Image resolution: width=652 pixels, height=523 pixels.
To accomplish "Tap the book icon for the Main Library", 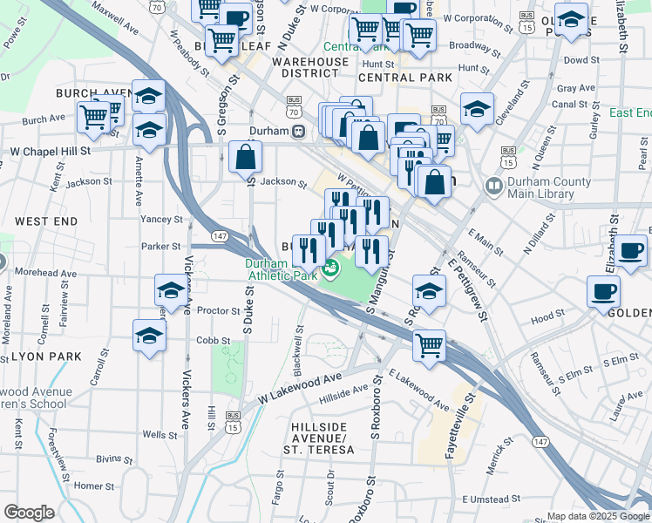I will pos(493,187).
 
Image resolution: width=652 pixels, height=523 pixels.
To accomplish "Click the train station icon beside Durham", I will pos(298,132).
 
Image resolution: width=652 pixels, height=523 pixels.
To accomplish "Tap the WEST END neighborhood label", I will pos(45,222).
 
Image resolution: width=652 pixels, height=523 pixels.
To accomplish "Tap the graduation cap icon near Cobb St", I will pos(149,335).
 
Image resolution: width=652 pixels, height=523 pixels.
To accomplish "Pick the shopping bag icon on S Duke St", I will pos(246,158).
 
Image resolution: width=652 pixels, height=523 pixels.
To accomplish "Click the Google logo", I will pos(29,513).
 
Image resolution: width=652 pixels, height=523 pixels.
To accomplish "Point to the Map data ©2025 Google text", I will pos(598,516).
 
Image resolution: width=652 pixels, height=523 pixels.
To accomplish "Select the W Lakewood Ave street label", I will pos(296,388).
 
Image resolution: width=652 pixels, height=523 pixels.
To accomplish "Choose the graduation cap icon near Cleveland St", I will pos(477,109).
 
